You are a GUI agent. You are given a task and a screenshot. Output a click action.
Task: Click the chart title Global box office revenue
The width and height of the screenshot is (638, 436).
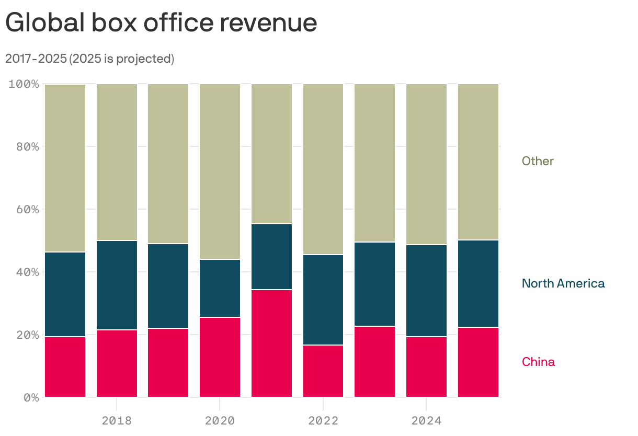[x=161, y=23]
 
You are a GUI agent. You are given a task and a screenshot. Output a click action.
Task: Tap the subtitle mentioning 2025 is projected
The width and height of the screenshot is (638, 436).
[x=89, y=59]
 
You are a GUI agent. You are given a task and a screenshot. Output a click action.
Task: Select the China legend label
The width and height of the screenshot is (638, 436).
[x=538, y=362]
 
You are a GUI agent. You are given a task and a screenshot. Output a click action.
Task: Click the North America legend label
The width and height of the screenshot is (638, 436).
[x=563, y=283]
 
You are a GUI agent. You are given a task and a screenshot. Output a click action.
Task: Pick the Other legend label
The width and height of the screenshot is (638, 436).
[x=538, y=161]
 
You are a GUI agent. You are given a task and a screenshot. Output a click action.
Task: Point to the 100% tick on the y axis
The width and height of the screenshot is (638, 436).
[x=24, y=84]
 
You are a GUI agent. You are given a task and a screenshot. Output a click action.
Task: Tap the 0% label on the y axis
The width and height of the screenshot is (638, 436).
[x=31, y=397]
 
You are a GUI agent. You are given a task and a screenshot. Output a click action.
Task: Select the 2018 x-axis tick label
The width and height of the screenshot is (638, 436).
[x=117, y=420]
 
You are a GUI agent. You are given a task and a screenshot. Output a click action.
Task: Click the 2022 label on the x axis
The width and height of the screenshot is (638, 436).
[x=323, y=420]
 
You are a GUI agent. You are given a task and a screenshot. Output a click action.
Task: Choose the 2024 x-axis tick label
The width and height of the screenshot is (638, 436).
[x=426, y=420]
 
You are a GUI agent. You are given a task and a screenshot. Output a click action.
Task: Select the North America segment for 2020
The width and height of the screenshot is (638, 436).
[x=220, y=288]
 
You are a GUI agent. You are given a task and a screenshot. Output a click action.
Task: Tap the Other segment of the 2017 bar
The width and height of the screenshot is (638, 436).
[x=65, y=168]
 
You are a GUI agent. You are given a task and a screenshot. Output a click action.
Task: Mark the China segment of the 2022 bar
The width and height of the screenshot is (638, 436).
[x=323, y=371]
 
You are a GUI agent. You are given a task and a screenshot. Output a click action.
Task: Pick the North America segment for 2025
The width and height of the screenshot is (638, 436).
[x=478, y=283]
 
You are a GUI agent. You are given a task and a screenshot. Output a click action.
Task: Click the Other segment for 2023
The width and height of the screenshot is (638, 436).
[x=374, y=163]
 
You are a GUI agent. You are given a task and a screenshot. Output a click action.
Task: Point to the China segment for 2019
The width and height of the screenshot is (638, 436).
[x=168, y=363]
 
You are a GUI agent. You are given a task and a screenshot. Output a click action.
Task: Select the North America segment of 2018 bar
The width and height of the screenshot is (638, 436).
[x=117, y=285]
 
